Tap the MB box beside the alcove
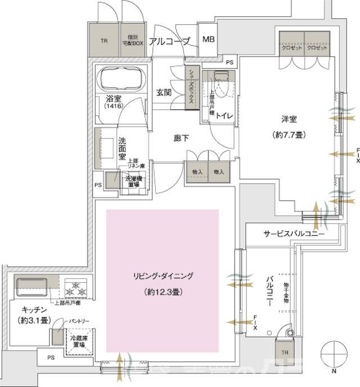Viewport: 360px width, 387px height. click(x=208, y=39)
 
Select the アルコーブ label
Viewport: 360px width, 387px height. click(x=171, y=40)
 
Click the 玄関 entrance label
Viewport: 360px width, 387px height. click(x=164, y=93)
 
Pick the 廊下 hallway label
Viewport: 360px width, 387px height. click(x=181, y=138)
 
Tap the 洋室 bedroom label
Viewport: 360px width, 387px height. click(x=290, y=120)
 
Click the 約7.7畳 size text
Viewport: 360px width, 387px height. click(x=290, y=136)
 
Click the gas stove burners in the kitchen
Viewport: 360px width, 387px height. click(x=76, y=290)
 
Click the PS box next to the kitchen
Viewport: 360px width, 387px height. click(x=51, y=357)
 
